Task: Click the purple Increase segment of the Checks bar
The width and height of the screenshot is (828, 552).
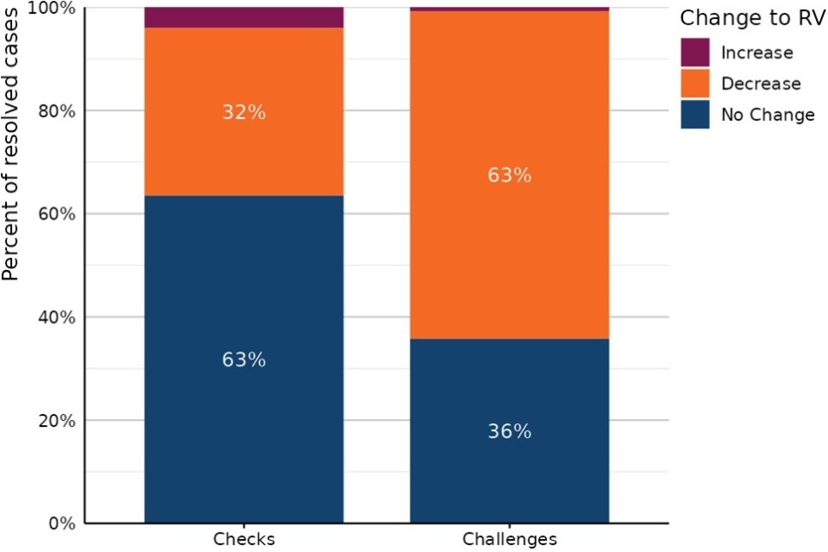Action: click(243, 17)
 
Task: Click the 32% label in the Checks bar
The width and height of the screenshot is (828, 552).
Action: click(243, 113)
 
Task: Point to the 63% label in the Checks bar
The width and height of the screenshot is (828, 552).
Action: click(243, 360)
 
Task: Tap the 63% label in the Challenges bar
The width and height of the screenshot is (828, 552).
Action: click(509, 175)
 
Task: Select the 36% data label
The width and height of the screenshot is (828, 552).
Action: click(509, 431)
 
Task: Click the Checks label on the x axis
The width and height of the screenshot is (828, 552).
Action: click(243, 540)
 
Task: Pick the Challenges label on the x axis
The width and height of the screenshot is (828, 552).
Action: click(509, 540)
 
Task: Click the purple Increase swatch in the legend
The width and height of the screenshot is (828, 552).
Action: click(695, 52)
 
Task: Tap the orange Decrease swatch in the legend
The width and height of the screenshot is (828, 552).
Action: click(695, 83)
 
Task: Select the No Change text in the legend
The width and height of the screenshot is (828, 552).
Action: click(768, 115)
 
